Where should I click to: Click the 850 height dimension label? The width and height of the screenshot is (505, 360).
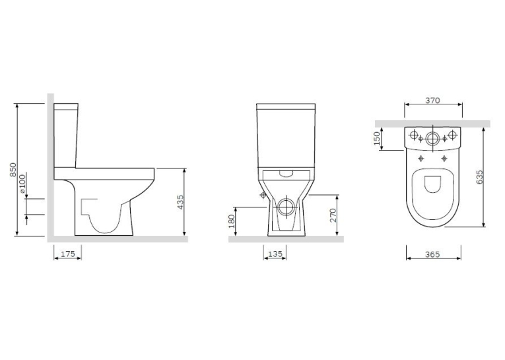tap(13, 170)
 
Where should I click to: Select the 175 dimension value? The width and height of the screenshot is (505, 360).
tap(68, 254)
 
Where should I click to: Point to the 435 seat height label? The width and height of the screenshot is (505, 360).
tap(181, 202)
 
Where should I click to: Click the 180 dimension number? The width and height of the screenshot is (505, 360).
tap(232, 221)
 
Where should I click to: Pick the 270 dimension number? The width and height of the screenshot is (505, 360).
tap(333, 215)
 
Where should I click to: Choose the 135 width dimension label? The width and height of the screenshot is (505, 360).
tap(275, 254)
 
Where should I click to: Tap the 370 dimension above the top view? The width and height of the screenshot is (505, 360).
tap(432, 100)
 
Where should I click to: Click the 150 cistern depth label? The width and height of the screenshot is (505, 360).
tap(377, 138)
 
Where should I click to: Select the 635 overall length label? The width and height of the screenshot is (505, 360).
tap(479, 177)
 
